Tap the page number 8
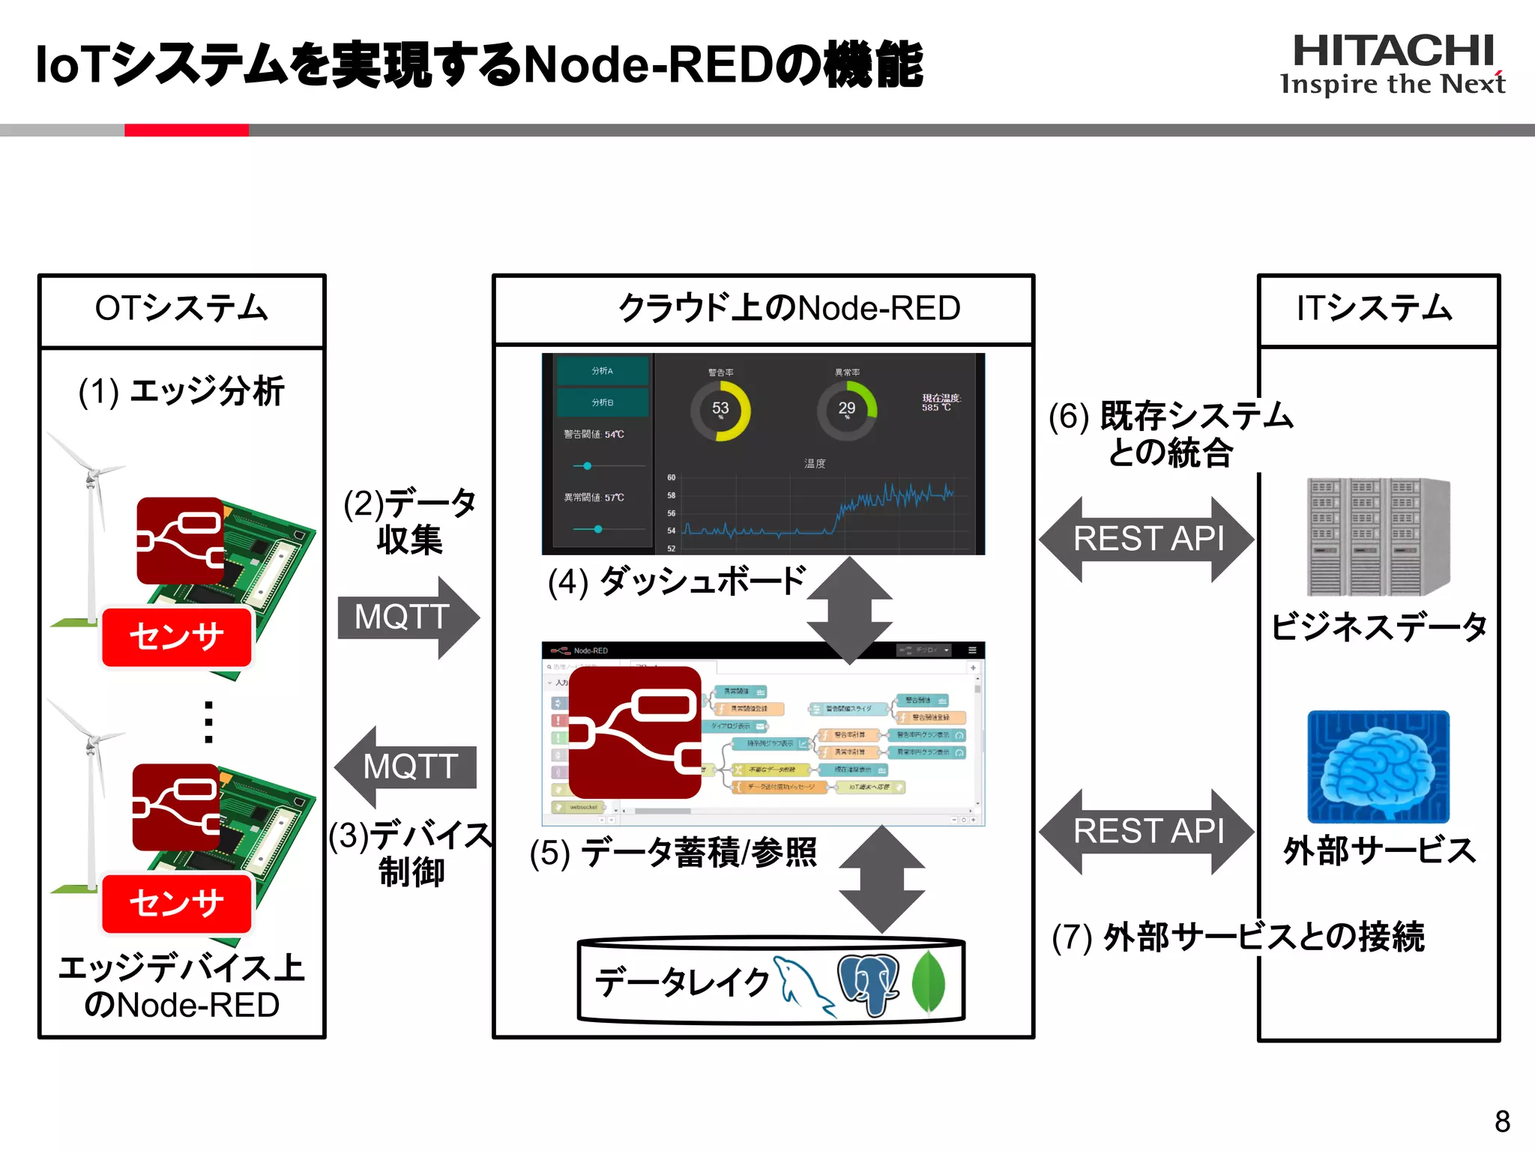coord(1502,1122)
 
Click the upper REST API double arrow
coord(1147,539)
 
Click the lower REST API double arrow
coord(1147,831)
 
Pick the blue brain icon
coord(1378,767)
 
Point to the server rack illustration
coord(1378,537)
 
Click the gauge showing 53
coord(720,410)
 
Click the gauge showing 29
coord(846,410)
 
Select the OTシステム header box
coord(181,309)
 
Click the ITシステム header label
coord(1376,308)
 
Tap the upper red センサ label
coord(177,637)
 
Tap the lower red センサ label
coord(177,903)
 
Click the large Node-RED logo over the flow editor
coord(635,732)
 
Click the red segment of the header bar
coord(186,130)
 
